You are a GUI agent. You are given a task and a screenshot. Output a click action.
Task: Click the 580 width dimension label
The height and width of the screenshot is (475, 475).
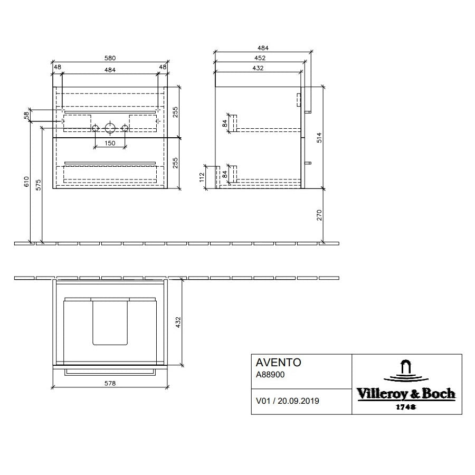tap(110, 58)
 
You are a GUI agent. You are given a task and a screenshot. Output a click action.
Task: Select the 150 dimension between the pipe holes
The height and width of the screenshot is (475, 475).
tap(109, 143)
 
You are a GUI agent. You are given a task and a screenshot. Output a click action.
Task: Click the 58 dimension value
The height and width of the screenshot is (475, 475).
tap(26, 116)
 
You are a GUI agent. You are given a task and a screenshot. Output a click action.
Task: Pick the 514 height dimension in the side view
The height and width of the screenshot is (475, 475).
tap(319, 138)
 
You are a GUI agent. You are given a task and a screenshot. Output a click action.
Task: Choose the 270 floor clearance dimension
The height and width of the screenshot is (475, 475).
tap(319, 215)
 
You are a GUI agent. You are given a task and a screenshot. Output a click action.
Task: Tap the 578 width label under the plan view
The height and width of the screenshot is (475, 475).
tap(110, 383)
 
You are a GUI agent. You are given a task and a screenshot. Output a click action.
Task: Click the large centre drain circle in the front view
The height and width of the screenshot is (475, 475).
tap(110, 128)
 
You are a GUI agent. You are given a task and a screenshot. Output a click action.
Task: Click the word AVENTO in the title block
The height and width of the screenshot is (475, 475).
tap(278, 363)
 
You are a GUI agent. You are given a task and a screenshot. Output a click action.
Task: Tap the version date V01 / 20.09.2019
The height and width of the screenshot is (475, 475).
tap(287, 401)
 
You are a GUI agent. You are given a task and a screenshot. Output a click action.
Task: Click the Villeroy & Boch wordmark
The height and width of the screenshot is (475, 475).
tap(406, 393)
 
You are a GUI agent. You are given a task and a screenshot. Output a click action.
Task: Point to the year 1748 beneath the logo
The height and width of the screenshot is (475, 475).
tap(406, 407)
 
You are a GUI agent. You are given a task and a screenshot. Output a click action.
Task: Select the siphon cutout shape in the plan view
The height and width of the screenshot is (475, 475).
tap(110, 322)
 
